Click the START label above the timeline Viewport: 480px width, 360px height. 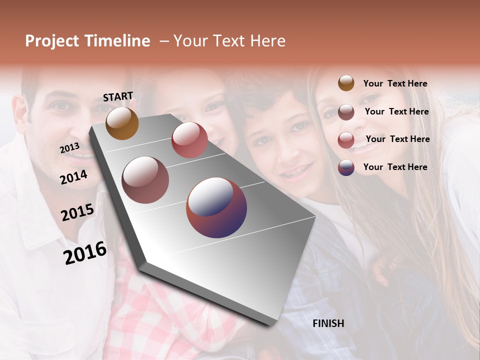(118, 96)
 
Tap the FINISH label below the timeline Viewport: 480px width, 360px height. (328, 323)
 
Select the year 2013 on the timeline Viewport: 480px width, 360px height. (69, 148)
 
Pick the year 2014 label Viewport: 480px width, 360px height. (73, 177)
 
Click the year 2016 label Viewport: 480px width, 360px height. (85, 253)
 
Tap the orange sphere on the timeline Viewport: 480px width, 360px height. (122, 123)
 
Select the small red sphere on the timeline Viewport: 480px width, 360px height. (189, 140)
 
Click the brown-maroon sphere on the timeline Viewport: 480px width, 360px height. (145, 180)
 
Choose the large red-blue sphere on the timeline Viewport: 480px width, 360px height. (216, 207)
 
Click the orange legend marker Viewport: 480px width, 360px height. (346, 83)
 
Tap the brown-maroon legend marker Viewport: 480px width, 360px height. (346, 111)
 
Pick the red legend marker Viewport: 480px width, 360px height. (346, 139)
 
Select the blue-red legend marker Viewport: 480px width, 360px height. (346, 167)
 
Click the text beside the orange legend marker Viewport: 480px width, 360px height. (395, 83)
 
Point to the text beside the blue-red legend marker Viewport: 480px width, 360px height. (395, 167)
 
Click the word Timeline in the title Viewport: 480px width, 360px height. (117, 41)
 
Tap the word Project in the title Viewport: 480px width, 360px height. (52, 41)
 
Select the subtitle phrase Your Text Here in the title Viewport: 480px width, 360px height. (229, 41)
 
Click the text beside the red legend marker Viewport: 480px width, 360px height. (397, 139)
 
